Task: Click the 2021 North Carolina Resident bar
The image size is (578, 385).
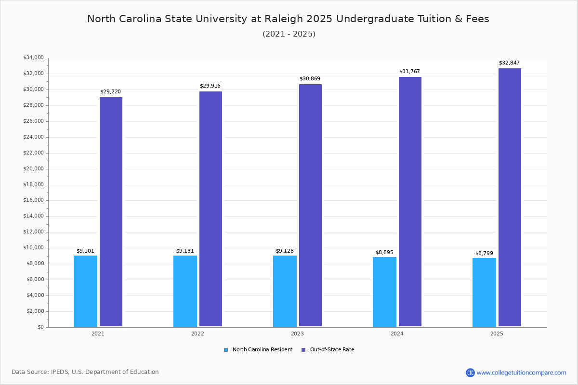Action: [85, 291]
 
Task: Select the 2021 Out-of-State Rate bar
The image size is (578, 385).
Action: [111, 212]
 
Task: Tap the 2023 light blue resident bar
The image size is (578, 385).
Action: [285, 291]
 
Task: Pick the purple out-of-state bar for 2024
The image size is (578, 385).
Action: [410, 202]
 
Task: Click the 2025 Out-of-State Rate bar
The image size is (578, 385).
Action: [510, 197]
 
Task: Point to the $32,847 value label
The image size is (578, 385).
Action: [509, 63]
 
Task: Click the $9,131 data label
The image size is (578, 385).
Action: [185, 251]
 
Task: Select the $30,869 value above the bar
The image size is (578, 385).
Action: [310, 79]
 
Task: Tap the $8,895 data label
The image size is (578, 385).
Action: [384, 253]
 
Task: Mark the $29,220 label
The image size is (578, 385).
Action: [110, 92]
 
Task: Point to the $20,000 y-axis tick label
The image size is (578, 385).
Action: [33, 169]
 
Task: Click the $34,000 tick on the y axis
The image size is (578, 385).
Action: [33, 58]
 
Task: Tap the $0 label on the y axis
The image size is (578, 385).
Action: [40, 327]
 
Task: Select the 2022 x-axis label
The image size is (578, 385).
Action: [197, 334]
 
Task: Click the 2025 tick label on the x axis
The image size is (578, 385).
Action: [497, 334]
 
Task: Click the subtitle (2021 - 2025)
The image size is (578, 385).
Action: [289, 34]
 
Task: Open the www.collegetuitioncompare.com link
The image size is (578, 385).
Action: [521, 372]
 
